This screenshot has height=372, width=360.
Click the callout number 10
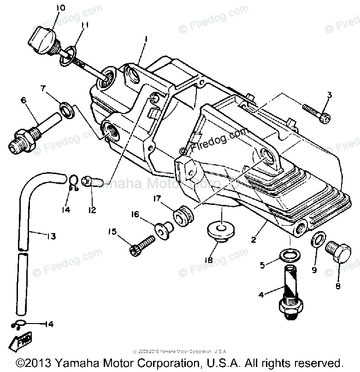[61, 7]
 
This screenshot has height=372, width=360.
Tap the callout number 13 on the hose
[51, 236]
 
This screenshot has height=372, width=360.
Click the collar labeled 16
[163, 228]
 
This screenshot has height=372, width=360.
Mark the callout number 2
[253, 239]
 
